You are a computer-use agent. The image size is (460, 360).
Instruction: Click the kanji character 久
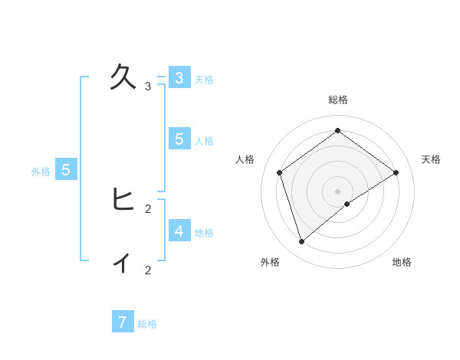(x=123, y=77)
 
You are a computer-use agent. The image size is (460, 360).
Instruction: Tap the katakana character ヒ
(x=123, y=199)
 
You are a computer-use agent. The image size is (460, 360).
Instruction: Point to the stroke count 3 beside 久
(x=148, y=87)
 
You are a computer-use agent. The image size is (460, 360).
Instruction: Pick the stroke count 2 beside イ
(x=148, y=270)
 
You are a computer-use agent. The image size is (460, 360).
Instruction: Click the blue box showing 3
(x=179, y=77)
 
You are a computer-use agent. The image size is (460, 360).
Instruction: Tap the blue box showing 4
(x=179, y=231)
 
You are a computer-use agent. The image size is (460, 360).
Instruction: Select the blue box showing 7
(x=123, y=322)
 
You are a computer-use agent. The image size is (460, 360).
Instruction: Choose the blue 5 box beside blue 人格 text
(x=179, y=139)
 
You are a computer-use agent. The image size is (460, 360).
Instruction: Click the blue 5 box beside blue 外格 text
(x=66, y=170)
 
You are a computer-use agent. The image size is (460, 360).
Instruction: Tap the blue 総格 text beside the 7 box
(x=147, y=324)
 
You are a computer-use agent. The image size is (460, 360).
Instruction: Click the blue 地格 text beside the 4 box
(x=204, y=233)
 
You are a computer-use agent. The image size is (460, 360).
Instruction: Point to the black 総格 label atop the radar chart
(x=338, y=100)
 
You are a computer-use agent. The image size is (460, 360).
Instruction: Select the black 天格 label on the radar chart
(x=432, y=159)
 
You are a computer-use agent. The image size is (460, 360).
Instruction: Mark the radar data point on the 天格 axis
(x=396, y=172)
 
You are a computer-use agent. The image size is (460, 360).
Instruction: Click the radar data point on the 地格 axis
(x=347, y=204)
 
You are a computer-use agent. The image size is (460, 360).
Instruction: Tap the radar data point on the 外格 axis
(x=302, y=242)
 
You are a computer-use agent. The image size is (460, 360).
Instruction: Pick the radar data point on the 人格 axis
(x=280, y=172)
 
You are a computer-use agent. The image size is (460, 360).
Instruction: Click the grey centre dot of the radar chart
(x=338, y=191)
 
